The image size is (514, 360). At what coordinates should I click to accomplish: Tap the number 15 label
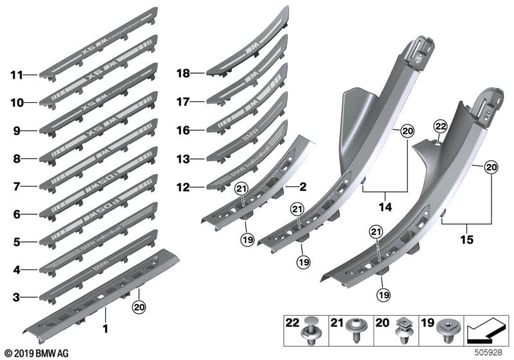tap(467, 240)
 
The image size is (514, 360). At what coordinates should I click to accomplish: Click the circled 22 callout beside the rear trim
tap(439, 127)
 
